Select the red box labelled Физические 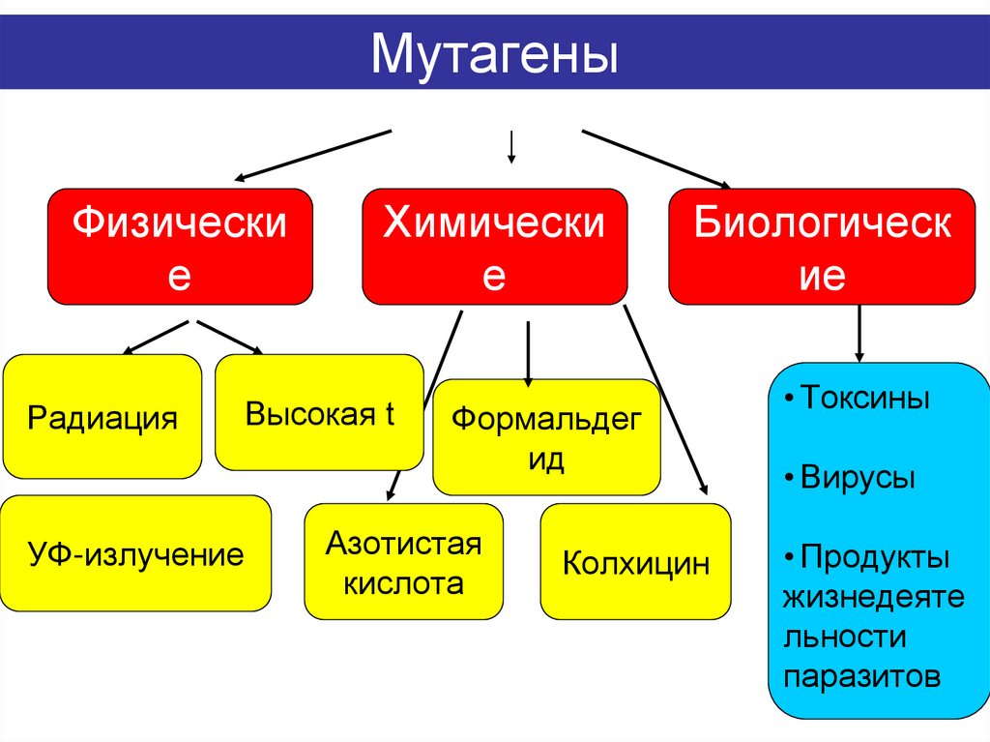coord(181,247)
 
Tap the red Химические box coord(494,247)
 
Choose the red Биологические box coord(822,247)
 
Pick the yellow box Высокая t coord(319,413)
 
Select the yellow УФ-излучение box coord(136,553)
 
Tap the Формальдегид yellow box coord(546,437)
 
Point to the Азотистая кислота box coord(403,561)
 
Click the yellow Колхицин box coord(635,561)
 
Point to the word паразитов coord(862,675)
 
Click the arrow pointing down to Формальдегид coord(528,353)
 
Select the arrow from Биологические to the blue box coord(859,334)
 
